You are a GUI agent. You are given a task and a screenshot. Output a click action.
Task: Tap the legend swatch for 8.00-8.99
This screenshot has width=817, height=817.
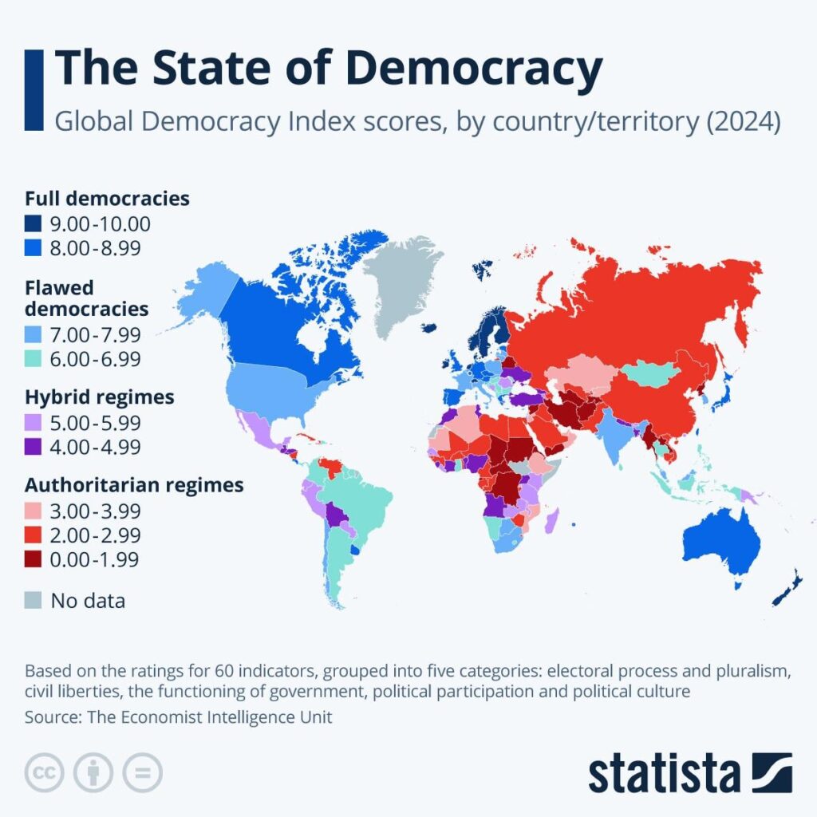34,249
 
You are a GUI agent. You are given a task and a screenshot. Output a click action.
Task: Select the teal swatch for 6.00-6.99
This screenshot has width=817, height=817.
34,360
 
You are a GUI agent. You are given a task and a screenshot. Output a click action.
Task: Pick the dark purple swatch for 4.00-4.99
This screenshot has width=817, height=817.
34,447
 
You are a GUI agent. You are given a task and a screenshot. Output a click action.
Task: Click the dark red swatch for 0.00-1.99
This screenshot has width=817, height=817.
34,559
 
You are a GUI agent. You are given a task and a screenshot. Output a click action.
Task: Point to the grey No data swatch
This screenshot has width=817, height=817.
34,600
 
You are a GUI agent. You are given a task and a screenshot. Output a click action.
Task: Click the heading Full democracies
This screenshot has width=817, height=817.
107,199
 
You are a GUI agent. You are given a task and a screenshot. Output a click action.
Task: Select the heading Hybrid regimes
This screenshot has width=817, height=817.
100,397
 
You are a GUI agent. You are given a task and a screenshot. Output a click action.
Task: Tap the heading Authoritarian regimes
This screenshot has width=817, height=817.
134,484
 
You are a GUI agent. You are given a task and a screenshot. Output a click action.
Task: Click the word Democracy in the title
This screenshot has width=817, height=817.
474,69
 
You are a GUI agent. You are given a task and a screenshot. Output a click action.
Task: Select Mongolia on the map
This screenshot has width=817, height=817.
650,372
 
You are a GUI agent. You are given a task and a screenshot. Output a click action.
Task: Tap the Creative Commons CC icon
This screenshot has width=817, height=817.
45,772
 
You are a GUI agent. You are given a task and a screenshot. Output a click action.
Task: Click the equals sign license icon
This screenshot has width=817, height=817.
142,772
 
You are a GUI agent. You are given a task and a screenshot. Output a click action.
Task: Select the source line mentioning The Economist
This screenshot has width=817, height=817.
178,717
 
